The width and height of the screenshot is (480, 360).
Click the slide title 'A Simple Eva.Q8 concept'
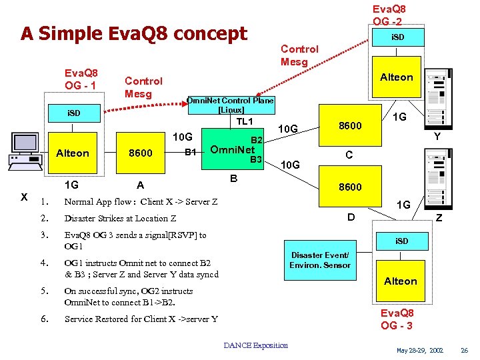(x=133, y=33)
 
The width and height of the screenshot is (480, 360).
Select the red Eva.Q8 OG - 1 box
(x=81, y=79)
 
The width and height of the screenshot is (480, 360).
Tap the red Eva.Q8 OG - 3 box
(x=397, y=319)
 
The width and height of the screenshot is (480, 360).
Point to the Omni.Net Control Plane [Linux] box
(x=230, y=105)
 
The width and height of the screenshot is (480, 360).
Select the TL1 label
(x=245, y=121)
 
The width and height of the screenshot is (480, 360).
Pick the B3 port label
(x=255, y=159)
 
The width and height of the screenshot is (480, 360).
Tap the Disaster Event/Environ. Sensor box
(x=319, y=260)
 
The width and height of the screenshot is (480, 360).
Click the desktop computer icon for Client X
(x=25, y=150)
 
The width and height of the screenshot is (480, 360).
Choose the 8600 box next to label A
(x=141, y=153)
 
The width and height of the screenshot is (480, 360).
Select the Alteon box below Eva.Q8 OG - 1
(x=73, y=153)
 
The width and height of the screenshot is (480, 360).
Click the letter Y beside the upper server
(x=437, y=136)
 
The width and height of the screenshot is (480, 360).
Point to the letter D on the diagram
(x=351, y=217)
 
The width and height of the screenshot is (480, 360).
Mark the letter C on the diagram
(x=348, y=155)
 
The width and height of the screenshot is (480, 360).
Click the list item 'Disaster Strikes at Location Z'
(x=120, y=218)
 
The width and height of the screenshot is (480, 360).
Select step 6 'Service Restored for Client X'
(x=141, y=319)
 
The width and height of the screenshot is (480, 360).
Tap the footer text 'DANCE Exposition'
(x=256, y=345)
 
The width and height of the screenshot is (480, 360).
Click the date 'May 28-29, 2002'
(x=419, y=350)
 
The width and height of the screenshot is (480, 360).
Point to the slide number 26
(x=465, y=350)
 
